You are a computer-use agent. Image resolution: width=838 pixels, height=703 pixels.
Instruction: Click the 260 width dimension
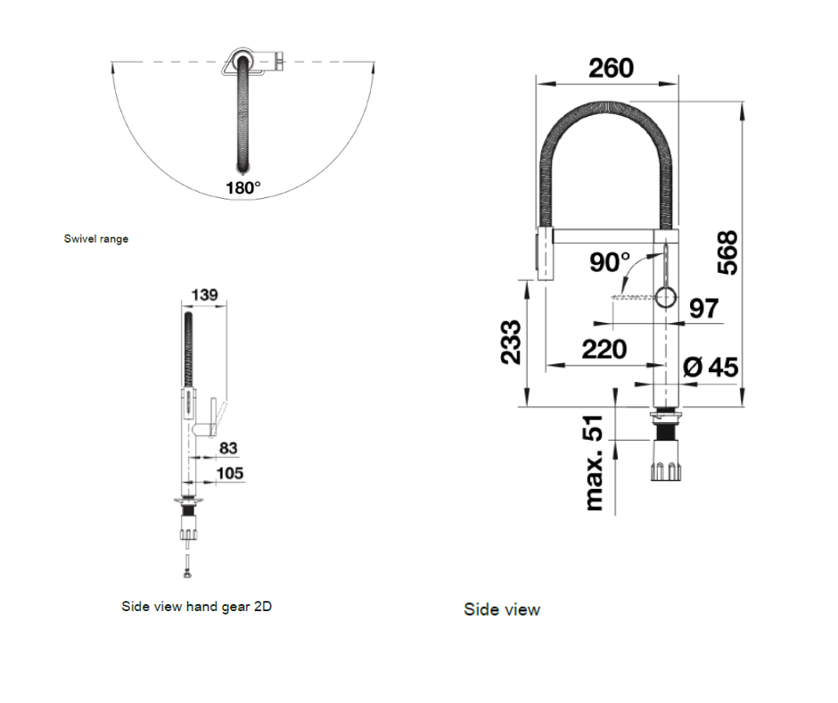tap(611, 68)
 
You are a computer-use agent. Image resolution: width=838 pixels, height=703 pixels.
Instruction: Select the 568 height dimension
tap(727, 252)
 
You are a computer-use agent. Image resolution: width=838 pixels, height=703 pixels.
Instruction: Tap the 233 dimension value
tap(510, 343)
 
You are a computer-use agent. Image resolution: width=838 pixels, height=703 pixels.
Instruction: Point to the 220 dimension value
tap(604, 349)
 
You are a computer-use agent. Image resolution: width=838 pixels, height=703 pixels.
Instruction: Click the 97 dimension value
tap(703, 309)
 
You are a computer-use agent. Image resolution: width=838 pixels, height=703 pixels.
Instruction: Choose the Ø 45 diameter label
tap(711, 367)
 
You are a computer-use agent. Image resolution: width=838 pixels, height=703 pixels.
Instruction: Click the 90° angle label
tap(610, 262)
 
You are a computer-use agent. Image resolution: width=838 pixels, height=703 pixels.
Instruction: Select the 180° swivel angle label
tap(243, 188)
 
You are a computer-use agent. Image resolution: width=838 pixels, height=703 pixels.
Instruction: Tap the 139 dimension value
tap(204, 294)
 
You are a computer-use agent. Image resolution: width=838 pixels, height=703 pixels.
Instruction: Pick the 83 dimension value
tap(228, 449)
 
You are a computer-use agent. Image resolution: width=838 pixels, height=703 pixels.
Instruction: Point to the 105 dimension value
tap(229, 473)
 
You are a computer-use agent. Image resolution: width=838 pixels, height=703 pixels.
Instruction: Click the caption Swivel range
tap(96, 238)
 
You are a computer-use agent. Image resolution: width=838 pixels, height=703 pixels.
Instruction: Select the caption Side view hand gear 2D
tap(196, 606)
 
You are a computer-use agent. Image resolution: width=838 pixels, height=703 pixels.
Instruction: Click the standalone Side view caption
tap(501, 609)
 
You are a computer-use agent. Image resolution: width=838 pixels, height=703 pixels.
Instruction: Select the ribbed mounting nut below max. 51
tap(665, 465)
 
